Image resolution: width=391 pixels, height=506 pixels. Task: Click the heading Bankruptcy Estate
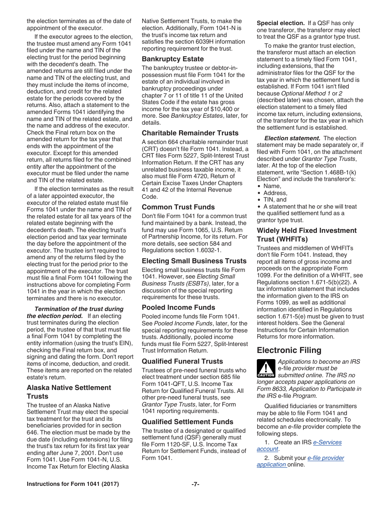(x=172, y=59)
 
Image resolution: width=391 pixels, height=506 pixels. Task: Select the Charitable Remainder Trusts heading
(x=190, y=133)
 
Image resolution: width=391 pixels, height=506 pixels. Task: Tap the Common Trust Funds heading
(x=178, y=207)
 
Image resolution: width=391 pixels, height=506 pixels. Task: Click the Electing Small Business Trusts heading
(x=194, y=261)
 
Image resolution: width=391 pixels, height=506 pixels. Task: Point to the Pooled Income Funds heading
(x=178, y=307)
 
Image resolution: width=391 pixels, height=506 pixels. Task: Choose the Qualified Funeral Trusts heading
(x=182, y=361)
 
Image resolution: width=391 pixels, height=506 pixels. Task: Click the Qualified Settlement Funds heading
(x=187, y=422)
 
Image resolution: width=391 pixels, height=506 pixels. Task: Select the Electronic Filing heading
(x=289, y=350)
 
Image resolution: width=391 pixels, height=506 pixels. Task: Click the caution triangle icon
(x=265, y=368)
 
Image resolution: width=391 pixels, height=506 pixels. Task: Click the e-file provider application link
(x=326, y=458)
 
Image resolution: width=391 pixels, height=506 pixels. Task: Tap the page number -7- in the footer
(x=195, y=484)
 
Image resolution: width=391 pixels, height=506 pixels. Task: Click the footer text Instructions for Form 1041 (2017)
(x=73, y=484)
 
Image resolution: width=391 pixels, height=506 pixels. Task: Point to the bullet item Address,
(x=275, y=193)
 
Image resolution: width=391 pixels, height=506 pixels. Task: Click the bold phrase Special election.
(x=280, y=23)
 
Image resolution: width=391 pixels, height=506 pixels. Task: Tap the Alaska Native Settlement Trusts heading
(x=69, y=392)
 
